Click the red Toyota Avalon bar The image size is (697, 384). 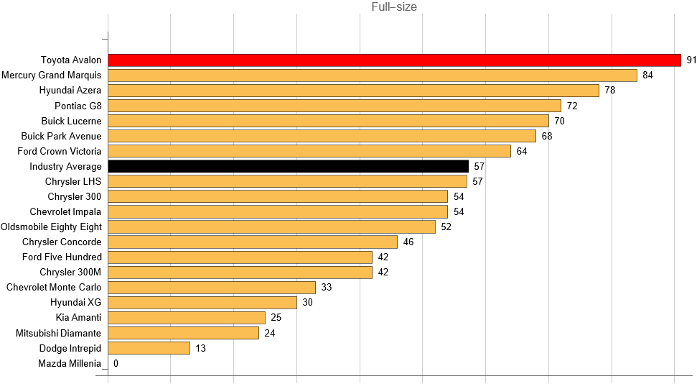click(x=394, y=60)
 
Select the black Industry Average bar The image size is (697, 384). click(x=288, y=166)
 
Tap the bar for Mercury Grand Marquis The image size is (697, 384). click(x=373, y=76)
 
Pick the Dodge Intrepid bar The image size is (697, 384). click(x=149, y=348)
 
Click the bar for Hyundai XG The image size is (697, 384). click(x=202, y=303)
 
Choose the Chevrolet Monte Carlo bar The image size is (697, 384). click(x=212, y=288)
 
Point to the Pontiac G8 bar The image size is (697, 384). click(x=335, y=106)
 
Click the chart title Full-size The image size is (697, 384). click(x=394, y=7)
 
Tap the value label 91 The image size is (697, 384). click(x=691, y=60)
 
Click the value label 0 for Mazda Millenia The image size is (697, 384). click(x=116, y=363)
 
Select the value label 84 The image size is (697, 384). click(x=647, y=76)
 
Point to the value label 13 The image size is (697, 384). click(x=200, y=348)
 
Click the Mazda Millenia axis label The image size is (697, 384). click(x=70, y=363)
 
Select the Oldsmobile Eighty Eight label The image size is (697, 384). click(x=51, y=227)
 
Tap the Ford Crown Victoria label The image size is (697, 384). click(x=60, y=151)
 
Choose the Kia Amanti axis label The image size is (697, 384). click(x=78, y=317)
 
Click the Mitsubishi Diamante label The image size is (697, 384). click(x=59, y=333)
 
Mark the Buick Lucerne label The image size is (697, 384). click(x=71, y=121)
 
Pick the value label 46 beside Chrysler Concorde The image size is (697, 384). click(x=408, y=242)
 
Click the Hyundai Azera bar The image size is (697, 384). click(x=353, y=91)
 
